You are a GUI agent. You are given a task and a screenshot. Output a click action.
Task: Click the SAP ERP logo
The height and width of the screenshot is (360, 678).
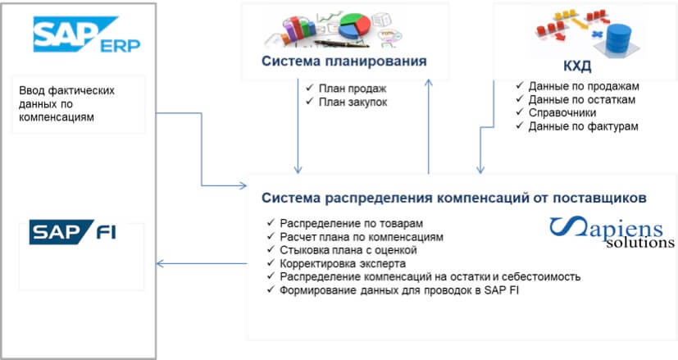pyautogui.click(x=87, y=34)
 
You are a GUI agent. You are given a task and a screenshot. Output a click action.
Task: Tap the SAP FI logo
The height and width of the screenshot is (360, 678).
pyautogui.click(x=73, y=232)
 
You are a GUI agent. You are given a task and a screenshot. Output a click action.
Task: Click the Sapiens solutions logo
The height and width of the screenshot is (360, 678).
pyautogui.click(x=612, y=232)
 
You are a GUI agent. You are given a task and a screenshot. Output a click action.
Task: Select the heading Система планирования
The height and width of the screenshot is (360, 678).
pyautogui.click(x=344, y=61)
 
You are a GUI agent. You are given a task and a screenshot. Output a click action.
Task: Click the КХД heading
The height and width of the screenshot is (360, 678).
pyautogui.click(x=577, y=66)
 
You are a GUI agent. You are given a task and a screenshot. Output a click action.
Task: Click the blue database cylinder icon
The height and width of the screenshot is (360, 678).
pyautogui.click(x=619, y=38)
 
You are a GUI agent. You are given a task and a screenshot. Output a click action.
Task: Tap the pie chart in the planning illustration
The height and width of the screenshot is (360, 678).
pyautogui.click(x=354, y=26)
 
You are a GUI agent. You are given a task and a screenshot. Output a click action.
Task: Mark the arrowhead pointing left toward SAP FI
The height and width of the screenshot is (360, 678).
pyautogui.click(x=160, y=263)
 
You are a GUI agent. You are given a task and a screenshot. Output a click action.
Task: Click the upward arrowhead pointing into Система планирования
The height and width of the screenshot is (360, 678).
pyautogui.click(x=429, y=83)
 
